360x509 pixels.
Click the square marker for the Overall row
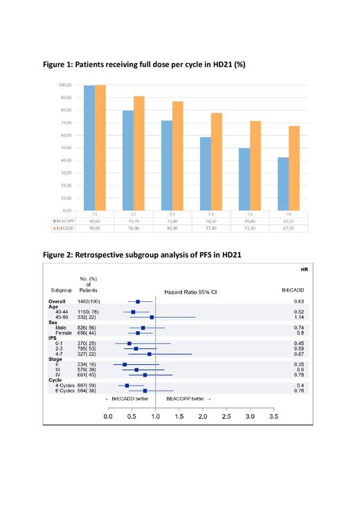pyautogui.click(x=138, y=301)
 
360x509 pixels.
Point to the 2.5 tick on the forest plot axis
pyautogui.click(x=226, y=418)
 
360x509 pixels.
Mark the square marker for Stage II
pyautogui.click(x=125, y=364)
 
